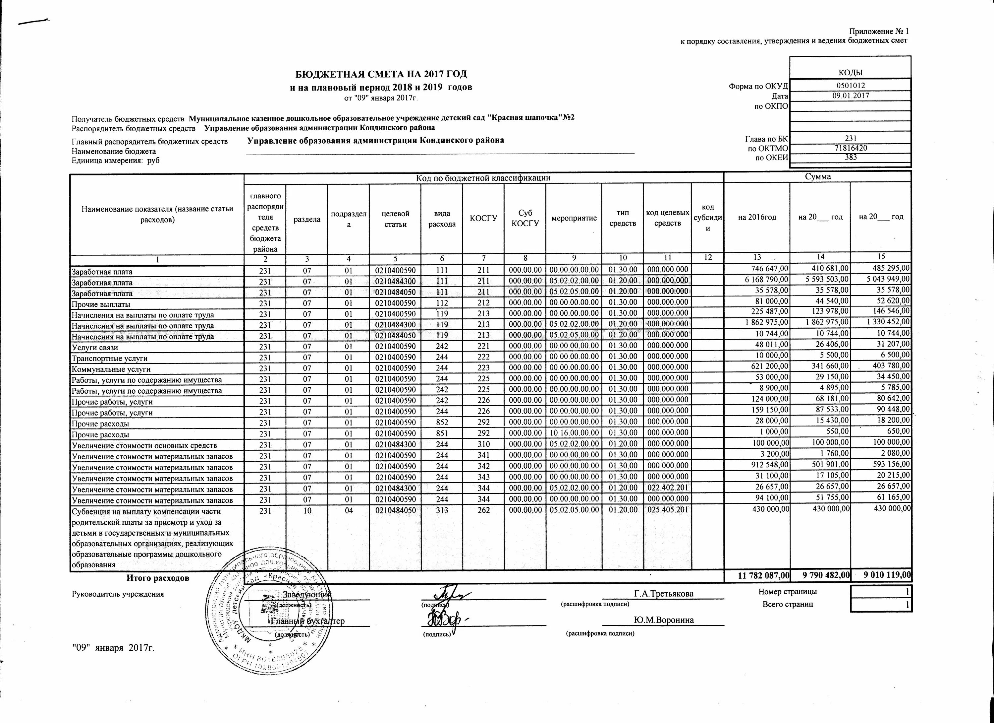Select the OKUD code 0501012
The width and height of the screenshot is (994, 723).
(x=850, y=86)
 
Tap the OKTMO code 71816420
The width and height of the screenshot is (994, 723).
(x=850, y=148)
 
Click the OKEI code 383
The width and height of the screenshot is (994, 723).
(x=850, y=158)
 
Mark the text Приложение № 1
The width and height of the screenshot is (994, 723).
(x=879, y=32)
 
